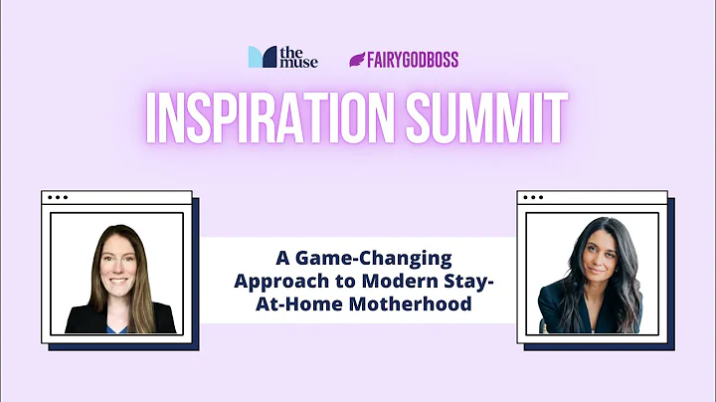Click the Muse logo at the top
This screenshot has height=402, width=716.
click(x=283, y=58)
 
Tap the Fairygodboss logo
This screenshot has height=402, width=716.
click(x=403, y=59)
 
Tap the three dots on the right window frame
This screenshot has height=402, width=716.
click(x=535, y=197)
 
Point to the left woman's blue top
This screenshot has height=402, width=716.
click(x=120, y=323)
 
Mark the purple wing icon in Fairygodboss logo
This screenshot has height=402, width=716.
click(x=356, y=59)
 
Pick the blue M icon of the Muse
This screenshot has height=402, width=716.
click(x=262, y=58)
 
